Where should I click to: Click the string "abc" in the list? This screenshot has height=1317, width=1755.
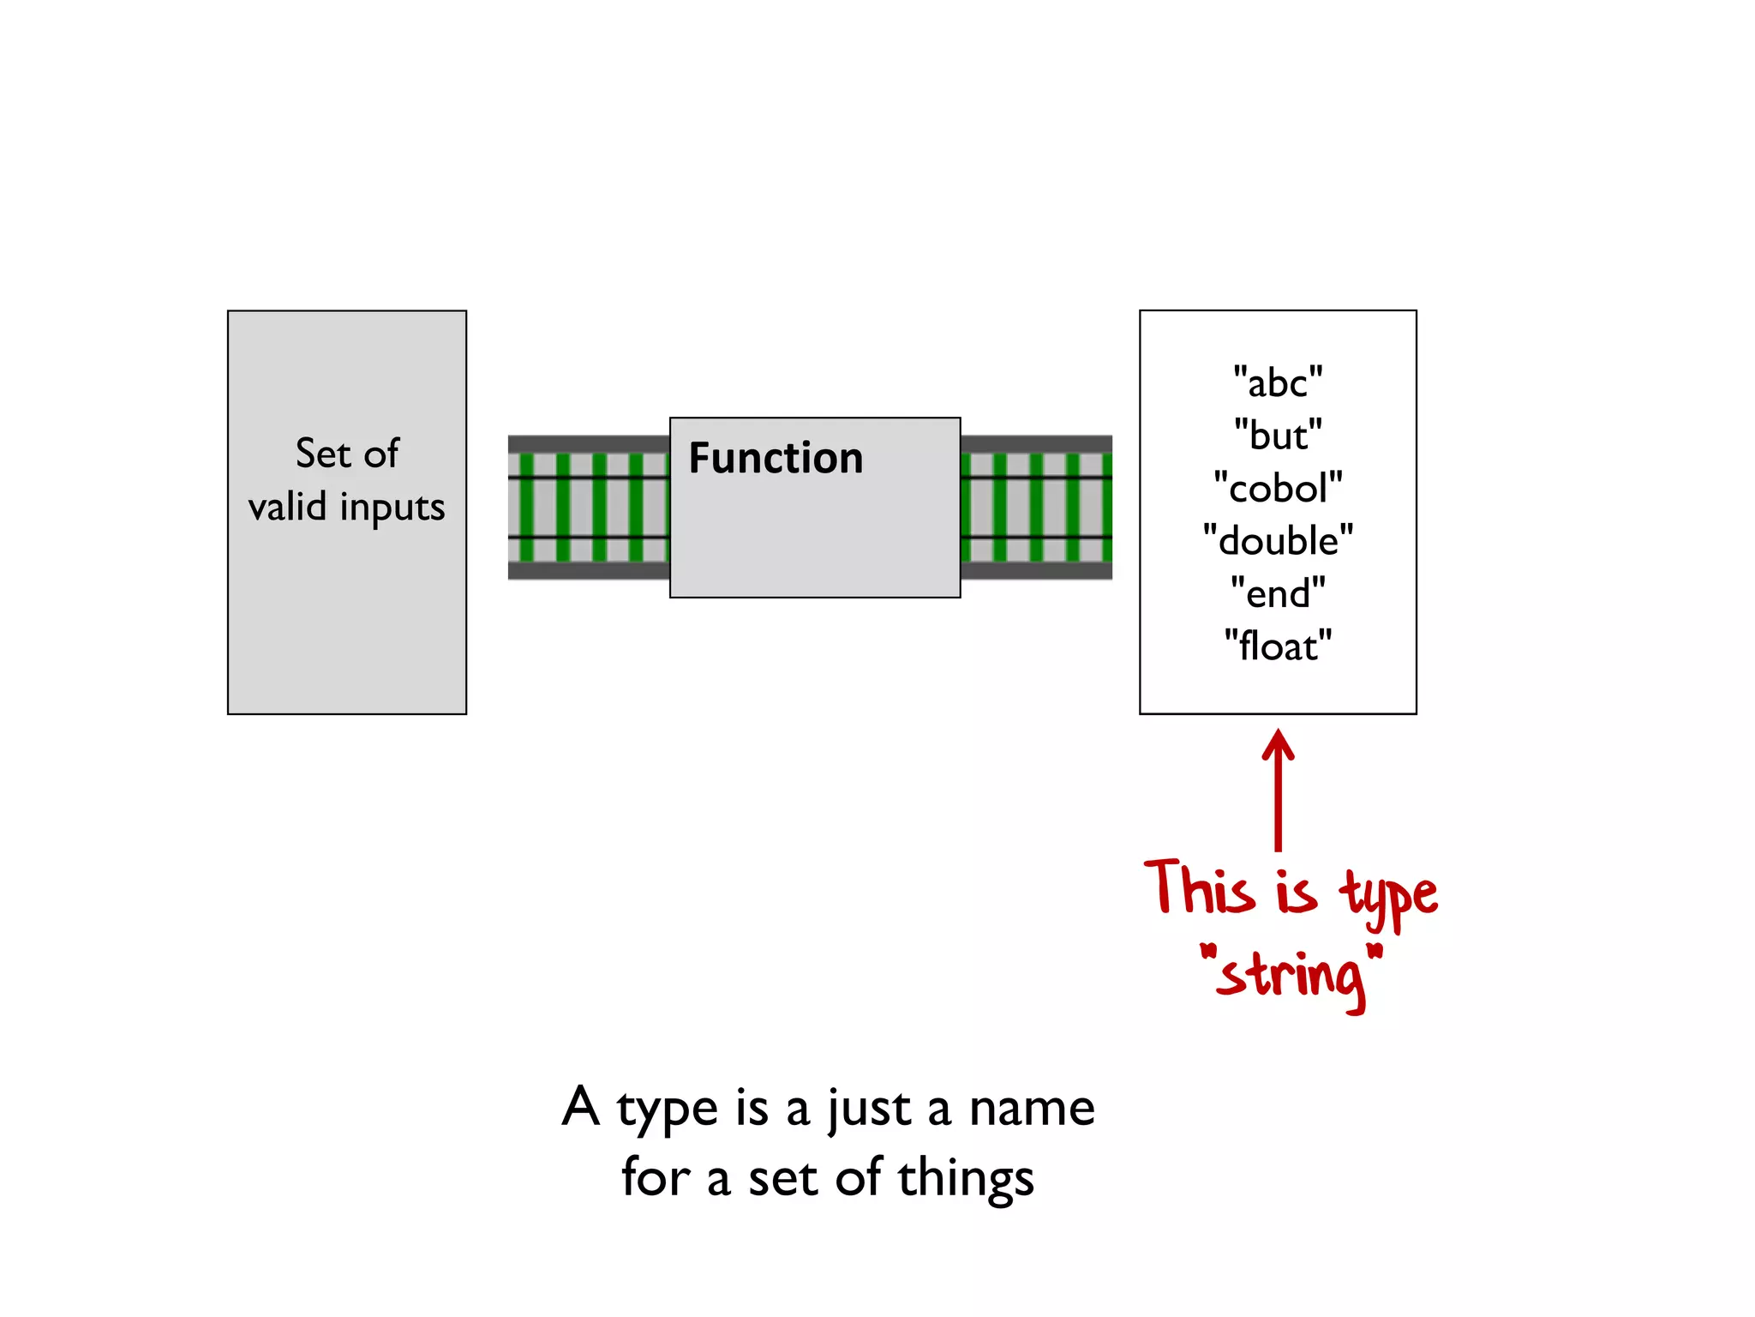1278,382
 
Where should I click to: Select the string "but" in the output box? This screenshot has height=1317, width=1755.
1278,436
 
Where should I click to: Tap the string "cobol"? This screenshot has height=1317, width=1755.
1278,488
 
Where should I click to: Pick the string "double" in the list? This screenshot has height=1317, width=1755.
1278,541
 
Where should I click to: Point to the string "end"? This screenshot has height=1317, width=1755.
1278,593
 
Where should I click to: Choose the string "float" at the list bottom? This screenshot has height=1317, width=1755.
1278,646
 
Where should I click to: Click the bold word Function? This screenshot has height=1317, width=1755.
776,458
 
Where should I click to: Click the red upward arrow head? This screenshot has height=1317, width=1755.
1278,743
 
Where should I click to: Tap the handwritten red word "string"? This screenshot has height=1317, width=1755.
1291,977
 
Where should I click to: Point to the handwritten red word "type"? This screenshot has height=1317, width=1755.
1389,895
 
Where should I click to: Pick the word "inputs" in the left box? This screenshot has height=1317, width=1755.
392,508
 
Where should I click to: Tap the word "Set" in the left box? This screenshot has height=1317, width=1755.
323,453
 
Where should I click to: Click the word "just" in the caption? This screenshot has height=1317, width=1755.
868,1110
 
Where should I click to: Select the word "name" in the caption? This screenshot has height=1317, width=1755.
1032,1108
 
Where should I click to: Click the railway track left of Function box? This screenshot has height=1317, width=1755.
588,508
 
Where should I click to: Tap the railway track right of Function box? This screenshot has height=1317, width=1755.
1036,508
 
